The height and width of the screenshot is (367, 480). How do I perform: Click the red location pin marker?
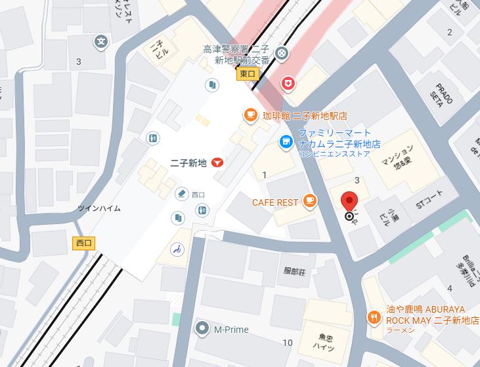point(349,202)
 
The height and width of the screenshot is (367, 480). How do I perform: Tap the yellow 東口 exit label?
point(248,75)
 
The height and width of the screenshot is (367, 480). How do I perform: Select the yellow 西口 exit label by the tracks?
point(84,243)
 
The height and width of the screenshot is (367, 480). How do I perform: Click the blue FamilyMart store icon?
point(286,141)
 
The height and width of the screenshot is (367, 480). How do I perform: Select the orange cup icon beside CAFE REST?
point(310,203)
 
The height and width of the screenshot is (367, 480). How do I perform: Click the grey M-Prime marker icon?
point(203,329)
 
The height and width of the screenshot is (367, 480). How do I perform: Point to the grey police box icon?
point(282,53)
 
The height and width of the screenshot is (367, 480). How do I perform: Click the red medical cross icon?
point(288,83)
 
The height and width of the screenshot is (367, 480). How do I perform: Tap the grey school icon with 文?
point(100,42)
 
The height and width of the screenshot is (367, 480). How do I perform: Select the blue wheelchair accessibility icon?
point(177,248)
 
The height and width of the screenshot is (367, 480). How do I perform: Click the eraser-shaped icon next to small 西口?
point(181,194)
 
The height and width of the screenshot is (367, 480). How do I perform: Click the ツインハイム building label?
point(99,208)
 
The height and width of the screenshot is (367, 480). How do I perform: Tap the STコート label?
point(429,204)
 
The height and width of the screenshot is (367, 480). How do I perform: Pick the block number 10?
point(287,343)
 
